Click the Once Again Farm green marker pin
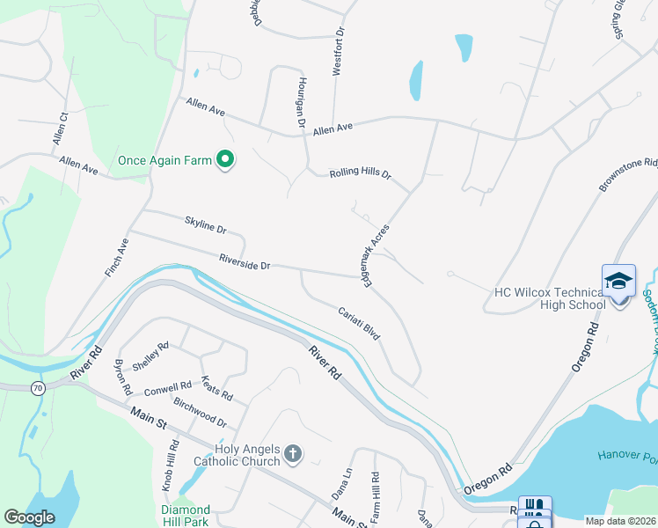226,159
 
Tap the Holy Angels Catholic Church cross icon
292,455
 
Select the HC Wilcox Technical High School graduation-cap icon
618,281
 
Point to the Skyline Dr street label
206,225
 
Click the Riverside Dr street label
245,261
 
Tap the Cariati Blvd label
359,323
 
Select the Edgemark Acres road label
375,254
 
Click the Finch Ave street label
117,258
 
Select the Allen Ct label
60,128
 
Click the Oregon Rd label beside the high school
586,347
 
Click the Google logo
30,517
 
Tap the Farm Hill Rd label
376,502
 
